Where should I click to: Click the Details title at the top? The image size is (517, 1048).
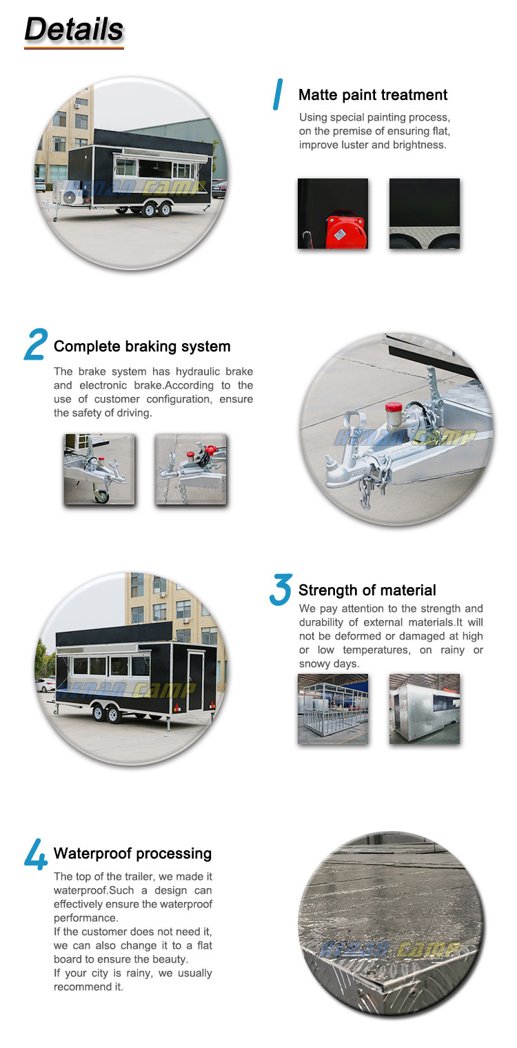74,29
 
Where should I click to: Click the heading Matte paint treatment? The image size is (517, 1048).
373,95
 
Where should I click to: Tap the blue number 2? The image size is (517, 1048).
36,344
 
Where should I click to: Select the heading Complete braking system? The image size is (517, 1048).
142,347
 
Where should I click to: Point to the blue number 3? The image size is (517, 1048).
281,590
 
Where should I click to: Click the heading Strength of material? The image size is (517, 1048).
367,590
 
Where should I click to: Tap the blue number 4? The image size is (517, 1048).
36,854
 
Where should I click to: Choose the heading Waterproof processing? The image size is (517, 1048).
133,854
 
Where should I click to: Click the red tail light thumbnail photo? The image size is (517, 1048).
333,214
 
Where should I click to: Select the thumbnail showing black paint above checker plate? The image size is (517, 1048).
425,214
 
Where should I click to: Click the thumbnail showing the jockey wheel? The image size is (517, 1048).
99,469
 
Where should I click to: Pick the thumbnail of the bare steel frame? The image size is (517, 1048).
333,709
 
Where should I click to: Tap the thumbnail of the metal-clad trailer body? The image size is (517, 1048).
425,709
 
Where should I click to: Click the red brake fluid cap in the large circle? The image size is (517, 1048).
394,407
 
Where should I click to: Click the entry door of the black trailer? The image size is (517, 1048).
196,681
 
